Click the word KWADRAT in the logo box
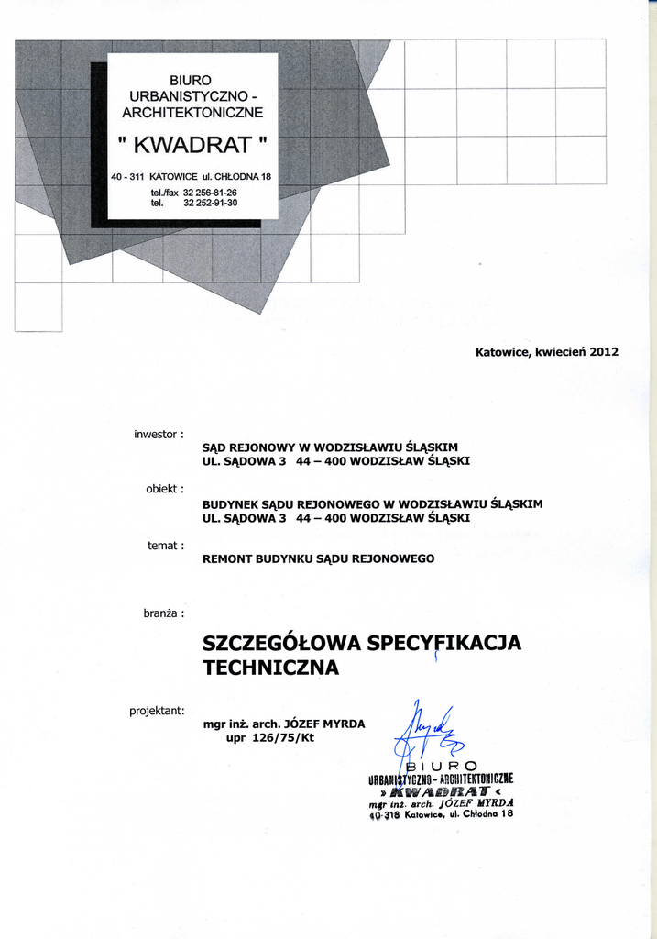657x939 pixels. (192, 145)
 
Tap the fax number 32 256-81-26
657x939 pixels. (210, 193)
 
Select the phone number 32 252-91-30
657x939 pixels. (210, 203)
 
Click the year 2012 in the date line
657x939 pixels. (604, 351)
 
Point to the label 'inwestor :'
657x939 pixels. (159, 433)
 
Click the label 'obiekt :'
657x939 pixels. (165, 489)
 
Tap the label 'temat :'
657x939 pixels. (166, 546)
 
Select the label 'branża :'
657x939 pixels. (163, 613)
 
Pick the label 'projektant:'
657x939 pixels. (157, 709)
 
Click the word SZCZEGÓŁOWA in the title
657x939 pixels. (281, 643)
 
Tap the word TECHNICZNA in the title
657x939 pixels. (270, 668)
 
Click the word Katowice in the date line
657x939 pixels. (503, 351)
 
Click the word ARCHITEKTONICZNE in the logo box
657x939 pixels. (192, 113)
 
